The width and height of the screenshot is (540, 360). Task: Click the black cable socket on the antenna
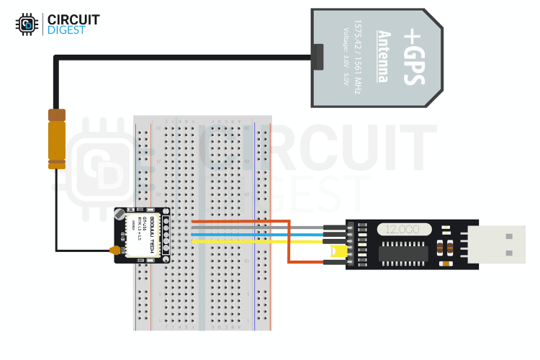click(319, 56)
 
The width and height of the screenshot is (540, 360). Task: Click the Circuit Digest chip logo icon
click(27, 24)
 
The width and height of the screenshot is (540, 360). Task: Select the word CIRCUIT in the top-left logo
click(73, 19)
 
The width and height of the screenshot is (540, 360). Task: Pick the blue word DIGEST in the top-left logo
click(65, 31)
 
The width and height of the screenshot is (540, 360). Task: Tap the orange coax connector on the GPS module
click(113, 251)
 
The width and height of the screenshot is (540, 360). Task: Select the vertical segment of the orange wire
click(289, 241)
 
